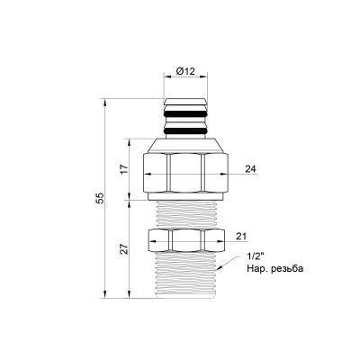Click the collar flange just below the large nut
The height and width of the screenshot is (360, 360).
coord(184,193)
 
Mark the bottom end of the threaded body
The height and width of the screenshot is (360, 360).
coord(184,296)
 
